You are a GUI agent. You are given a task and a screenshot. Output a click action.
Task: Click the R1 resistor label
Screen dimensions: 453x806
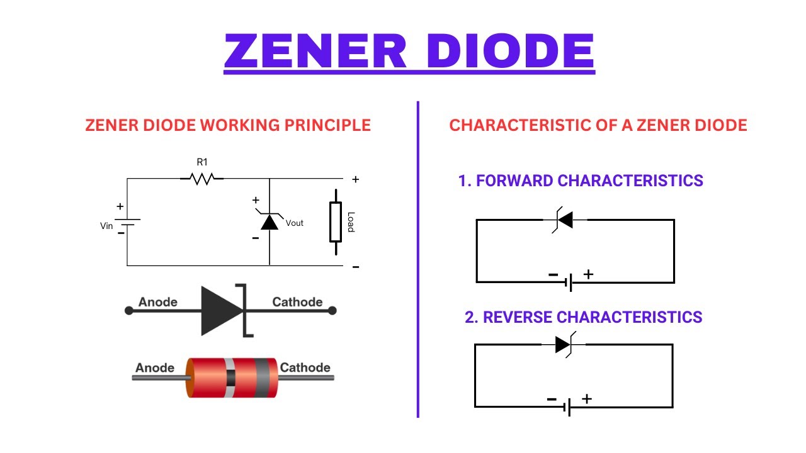[x=201, y=162]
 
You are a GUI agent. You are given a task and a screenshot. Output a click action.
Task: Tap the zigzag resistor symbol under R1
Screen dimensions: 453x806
[x=201, y=179]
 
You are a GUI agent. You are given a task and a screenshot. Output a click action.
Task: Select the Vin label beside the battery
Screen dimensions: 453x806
[x=106, y=226]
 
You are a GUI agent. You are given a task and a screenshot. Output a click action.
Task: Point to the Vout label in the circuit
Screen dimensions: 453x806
[x=294, y=223]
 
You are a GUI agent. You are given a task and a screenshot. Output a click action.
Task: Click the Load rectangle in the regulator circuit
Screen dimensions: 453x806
[x=336, y=222]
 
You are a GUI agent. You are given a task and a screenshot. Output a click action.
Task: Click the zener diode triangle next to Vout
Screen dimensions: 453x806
[x=270, y=221]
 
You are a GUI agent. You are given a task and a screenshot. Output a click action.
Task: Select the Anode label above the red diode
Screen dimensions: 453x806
[x=155, y=367]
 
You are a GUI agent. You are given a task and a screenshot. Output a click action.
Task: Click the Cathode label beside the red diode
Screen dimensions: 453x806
[x=305, y=367]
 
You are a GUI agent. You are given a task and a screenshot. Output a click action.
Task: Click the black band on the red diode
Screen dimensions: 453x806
[x=230, y=378]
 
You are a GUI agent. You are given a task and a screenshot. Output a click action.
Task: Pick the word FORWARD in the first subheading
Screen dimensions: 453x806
[x=514, y=181]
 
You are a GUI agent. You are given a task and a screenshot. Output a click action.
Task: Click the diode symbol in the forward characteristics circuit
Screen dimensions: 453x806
[x=564, y=220]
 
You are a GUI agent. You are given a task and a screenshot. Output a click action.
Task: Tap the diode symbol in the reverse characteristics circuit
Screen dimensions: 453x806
[x=564, y=344]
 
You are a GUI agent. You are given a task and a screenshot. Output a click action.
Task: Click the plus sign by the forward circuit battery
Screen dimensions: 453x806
[x=588, y=274]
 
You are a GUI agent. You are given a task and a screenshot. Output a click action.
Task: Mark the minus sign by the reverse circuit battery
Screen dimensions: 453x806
[x=552, y=399]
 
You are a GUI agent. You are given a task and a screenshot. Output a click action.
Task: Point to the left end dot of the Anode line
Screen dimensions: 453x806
[x=129, y=310]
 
